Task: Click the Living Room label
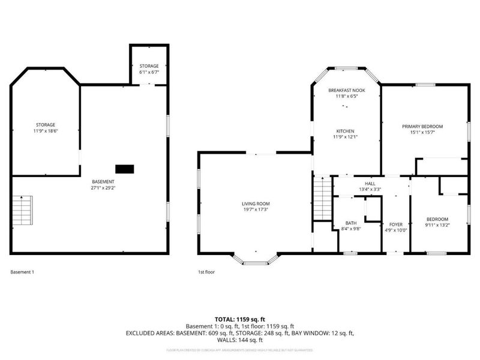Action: point(256,204)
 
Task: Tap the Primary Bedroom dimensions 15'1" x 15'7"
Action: point(422,133)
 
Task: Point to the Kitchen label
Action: point(345,131)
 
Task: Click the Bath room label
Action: point(350,223)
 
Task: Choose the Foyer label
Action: point(395,224)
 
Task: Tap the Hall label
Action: point(370,184)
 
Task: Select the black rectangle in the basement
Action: point(125,169)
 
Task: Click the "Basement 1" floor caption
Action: point(22,272)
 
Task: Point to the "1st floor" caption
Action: point(206,272)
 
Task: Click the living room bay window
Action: point(256,260)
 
